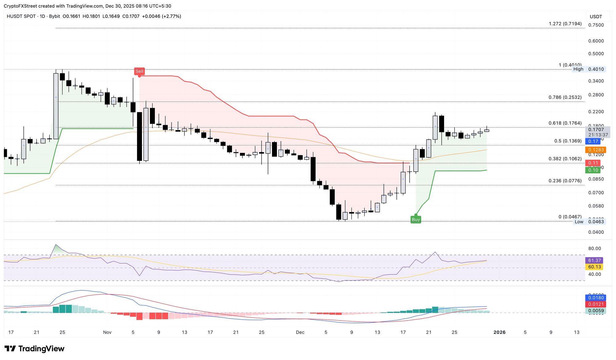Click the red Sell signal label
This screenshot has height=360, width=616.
click(139, 72)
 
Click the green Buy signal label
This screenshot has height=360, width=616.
click(416, 220)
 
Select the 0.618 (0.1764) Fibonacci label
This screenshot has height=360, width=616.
click(565, 123)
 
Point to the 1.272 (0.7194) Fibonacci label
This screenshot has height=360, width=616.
click(565, 24)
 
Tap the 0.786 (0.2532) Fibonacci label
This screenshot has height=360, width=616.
click(565, 97)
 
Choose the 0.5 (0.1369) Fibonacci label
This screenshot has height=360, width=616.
click(568, 141)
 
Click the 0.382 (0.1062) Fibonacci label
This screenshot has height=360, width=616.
click(565, 159)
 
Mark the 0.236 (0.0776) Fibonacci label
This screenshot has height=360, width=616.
click(565, 181)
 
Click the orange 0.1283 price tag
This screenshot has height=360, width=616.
click(595, 150)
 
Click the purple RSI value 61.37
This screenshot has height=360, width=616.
click(594, 260)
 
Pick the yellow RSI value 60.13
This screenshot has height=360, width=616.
click(594, 267)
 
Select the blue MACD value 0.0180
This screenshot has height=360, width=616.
click(596, 298)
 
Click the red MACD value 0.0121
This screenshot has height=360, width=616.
click(596, 304)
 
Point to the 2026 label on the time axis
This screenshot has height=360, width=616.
click(499, 332)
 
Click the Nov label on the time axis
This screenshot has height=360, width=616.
click(107, 332)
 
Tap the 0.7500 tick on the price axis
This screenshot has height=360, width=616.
click(596, 25)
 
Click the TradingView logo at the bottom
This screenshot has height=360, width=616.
click(34, 349)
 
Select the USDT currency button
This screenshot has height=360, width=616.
click(596, 17)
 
